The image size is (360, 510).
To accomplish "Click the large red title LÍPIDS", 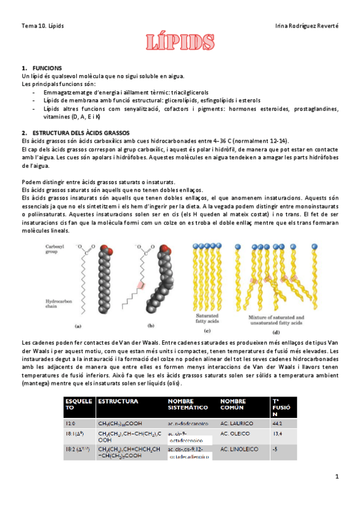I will tap(179, 43).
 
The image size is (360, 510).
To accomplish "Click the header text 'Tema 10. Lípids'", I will tap(43, 26).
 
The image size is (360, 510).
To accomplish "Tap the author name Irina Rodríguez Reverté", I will tap(307, 26).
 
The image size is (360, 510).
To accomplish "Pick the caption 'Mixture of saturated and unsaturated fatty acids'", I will tap(276, 319).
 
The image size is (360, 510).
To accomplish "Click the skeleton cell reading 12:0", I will tap(70, 424).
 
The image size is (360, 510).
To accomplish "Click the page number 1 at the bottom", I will tap(337, 476).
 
